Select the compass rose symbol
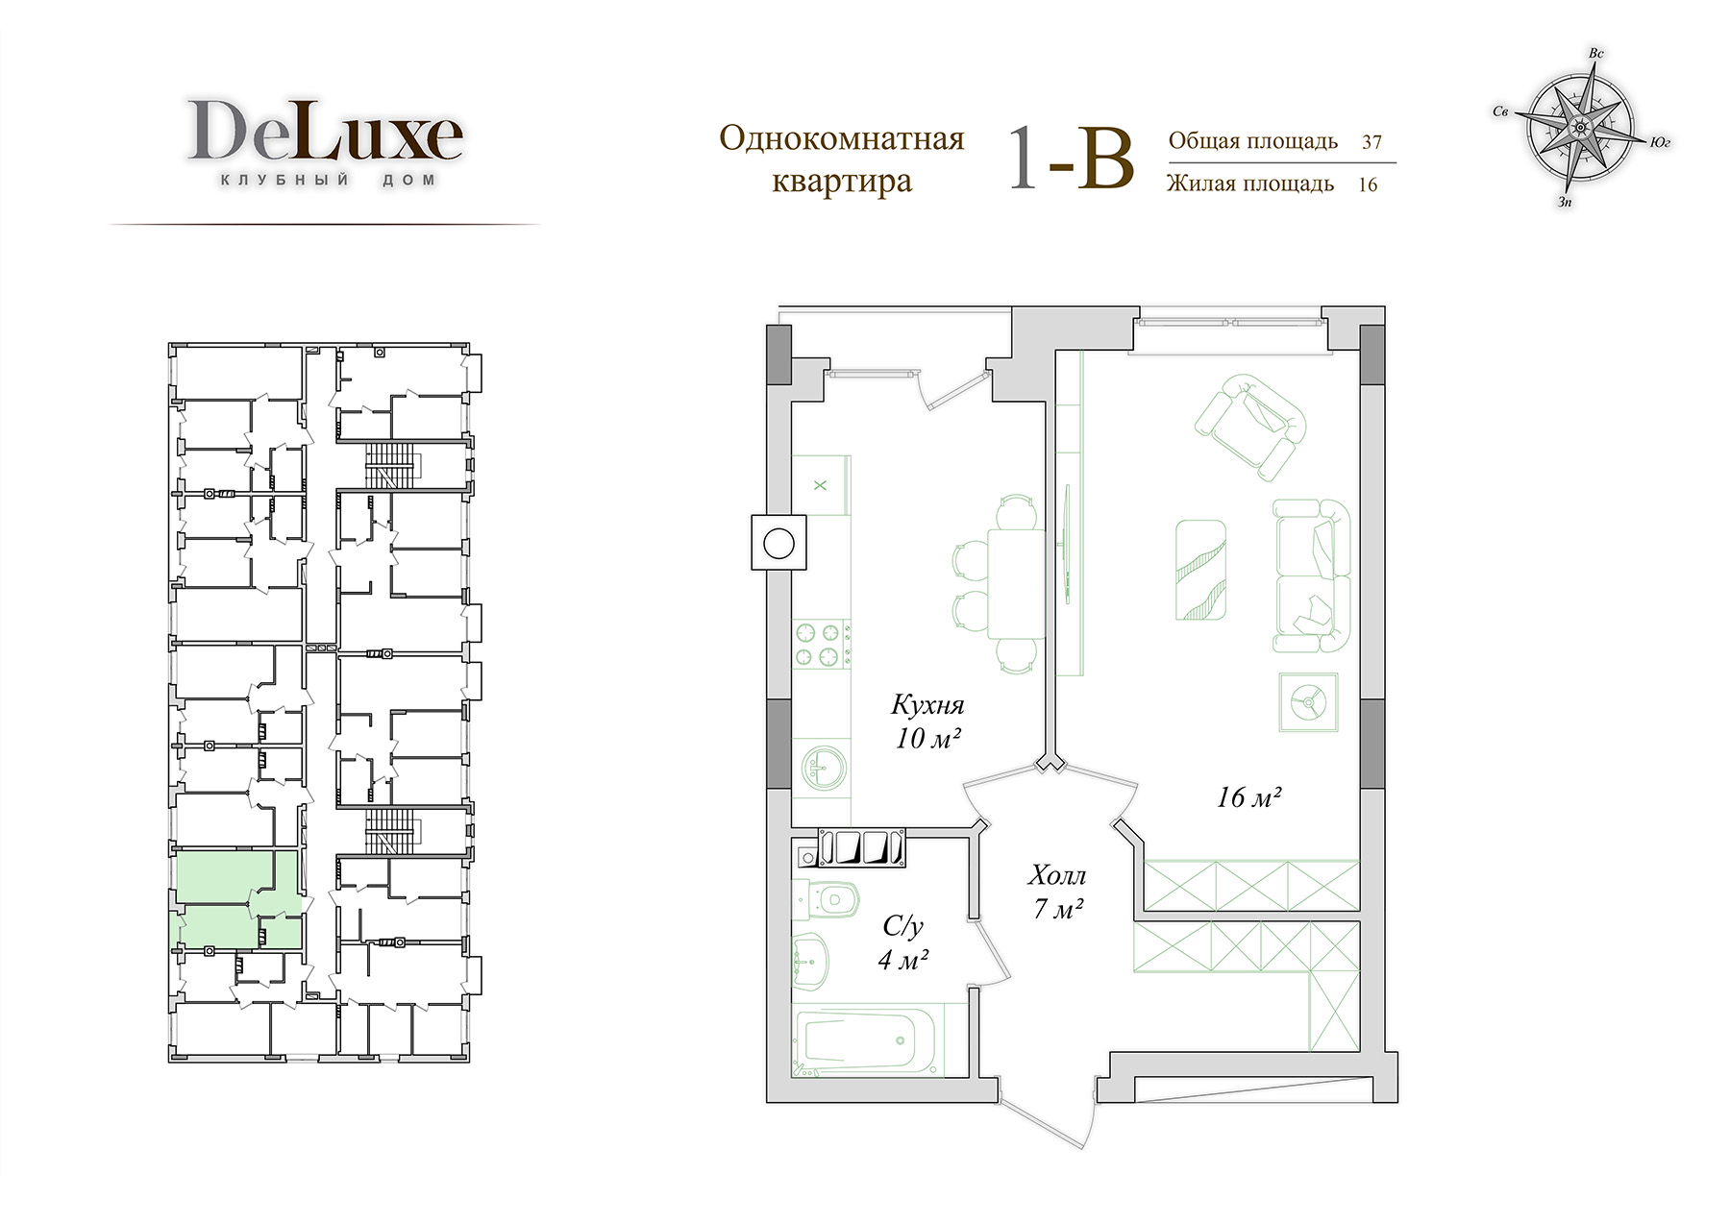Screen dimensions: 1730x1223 pyautogui.click(x=1579, y=127)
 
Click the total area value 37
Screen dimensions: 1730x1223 pyautogui.click(x=1372, y=142)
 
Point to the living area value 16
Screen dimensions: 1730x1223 pyautogui.click(x=1368, y=184)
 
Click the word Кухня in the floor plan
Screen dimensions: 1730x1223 pyautogui.click(x=927, y=705)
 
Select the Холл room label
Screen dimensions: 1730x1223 pyautogui.click(x=1057, y=875)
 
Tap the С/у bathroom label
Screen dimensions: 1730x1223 pyautogui.click(x=902, y=926)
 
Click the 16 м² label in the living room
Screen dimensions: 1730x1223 pyautogui.click(x=1250, y=797)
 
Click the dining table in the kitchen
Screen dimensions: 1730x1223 pyautogui.click(x=1016, y=583)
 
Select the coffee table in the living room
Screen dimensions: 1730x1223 pyautogui.click(x=1200, y=573)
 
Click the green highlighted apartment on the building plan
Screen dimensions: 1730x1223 pyautogui.click(x=237, y=901)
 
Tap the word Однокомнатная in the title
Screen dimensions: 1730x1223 pyautogui.click(x=842, y=139)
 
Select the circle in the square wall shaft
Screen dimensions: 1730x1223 pyautogui.click(x=777, y=544)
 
